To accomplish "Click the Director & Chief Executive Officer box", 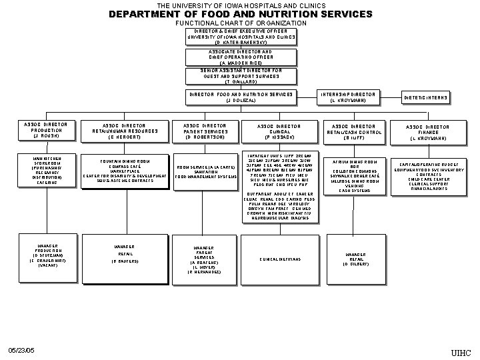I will click(x=240, y=36).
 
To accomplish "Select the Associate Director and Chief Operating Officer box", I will click(x=240, y=57).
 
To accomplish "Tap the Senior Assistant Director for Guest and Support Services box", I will click(x=240, y=77).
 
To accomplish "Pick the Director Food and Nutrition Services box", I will click(x=240, y=97).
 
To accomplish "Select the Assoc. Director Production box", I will click(x=46, y=130).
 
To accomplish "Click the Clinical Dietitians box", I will click(x=279, y=259).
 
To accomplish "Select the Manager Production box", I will click(x=46, y=255).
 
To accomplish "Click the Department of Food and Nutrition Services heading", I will click(x=240, y=14).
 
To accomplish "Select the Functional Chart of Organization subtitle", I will click(x=240, y=23).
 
